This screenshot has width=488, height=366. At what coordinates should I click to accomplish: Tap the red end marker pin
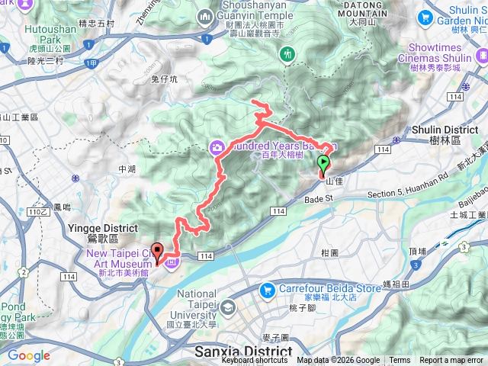[x=158, y=252]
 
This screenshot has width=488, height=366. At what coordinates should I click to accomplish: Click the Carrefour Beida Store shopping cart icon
[x=266, y=290]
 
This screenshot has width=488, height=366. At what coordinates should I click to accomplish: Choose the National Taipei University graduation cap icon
[x=228, y=308]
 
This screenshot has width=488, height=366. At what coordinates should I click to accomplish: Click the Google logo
[x=29, y=355]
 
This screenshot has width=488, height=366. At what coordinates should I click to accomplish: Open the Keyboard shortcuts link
[x=255, y=361]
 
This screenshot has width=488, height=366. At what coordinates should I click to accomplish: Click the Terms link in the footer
[x=400, y=361]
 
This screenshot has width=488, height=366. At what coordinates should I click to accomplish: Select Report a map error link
[x=452, y=361]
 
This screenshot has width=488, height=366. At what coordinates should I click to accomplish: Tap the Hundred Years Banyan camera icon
[x=217, y=147]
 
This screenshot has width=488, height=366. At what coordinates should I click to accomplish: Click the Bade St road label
[x=319, y=198]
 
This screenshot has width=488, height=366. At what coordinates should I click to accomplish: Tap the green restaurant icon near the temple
[x=287, y=54]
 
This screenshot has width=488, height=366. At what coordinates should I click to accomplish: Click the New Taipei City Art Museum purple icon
[x=172, y=263]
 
